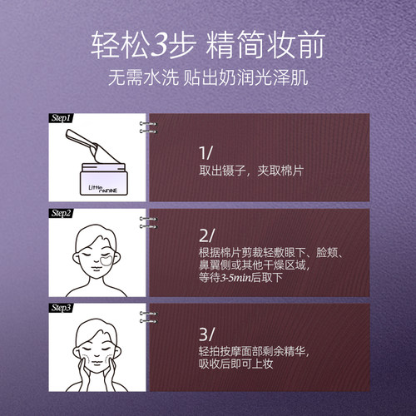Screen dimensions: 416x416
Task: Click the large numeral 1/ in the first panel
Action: coord(206,152)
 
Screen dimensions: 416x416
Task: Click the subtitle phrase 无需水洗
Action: coord(139,82)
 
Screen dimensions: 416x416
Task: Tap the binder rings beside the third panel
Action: coord(150,318)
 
